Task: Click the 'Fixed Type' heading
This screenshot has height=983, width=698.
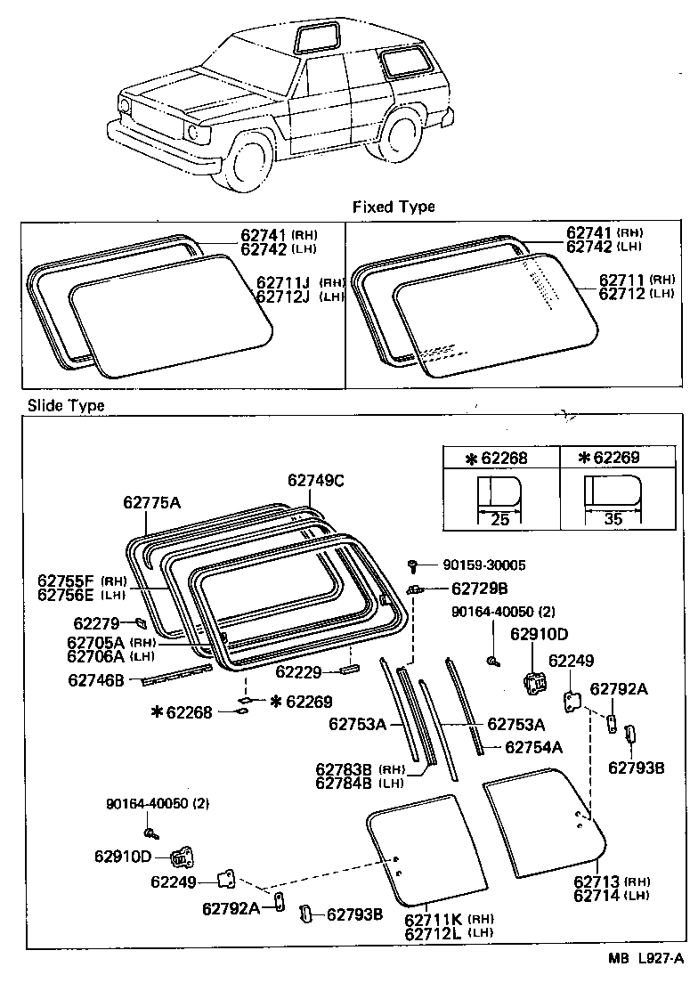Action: (x=394, y=207)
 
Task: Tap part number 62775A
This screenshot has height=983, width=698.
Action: (x=151, y=503)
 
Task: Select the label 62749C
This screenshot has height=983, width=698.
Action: (x=315, y=480)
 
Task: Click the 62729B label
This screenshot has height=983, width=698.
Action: (x=479, y=589)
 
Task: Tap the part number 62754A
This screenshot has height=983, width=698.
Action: (x=533, y=747)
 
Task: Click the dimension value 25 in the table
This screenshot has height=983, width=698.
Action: (x=500, y=519)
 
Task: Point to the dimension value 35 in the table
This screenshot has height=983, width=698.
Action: (x=613, y=519)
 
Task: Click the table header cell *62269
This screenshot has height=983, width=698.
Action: (x=612, y=459)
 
